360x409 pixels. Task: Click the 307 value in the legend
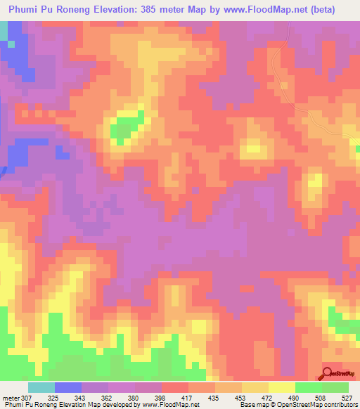pyautogui.click(x=27, y=398)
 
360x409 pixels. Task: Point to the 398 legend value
pyautogui.click(x=161, y=398)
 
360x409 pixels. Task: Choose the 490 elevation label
pyautogui.click(x=295, y=398)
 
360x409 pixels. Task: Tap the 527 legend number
pyautogui.click(x=348, y=398)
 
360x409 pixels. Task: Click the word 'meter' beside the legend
pyautogui.click(x=11, y=398)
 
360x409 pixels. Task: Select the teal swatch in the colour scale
pyautogui.click(x=41, y=387)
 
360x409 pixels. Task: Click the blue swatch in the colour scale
pyautogui.click(x=67, y=387)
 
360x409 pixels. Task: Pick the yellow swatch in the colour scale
pyautogui.click(x=281, y=387)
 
